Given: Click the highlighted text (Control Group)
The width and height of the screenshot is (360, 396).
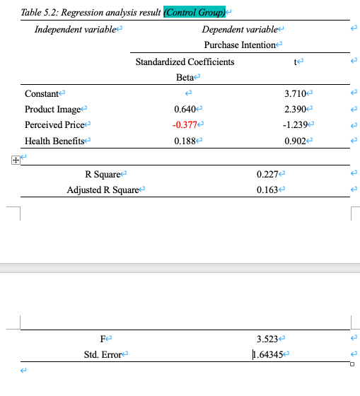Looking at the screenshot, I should [194, 12].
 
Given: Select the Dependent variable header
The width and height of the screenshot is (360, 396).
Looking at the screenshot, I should [240, 29].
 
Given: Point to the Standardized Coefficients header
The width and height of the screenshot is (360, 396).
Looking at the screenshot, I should [185, 62].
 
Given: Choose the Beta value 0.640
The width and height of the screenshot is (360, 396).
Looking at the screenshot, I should [186, 109].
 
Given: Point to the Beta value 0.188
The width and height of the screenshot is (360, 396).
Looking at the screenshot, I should [186, 140].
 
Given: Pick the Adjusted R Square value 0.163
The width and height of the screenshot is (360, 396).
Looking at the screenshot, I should [269, 190].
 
